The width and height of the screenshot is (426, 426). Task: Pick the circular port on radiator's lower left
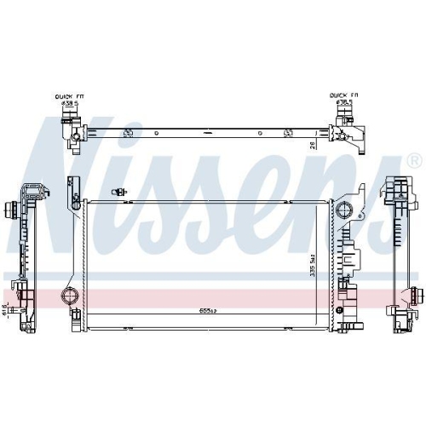tap(69, 297)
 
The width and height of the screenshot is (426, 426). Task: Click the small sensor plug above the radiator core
tap(124, 191)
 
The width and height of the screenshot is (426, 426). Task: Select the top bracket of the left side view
tap(32, 190)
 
